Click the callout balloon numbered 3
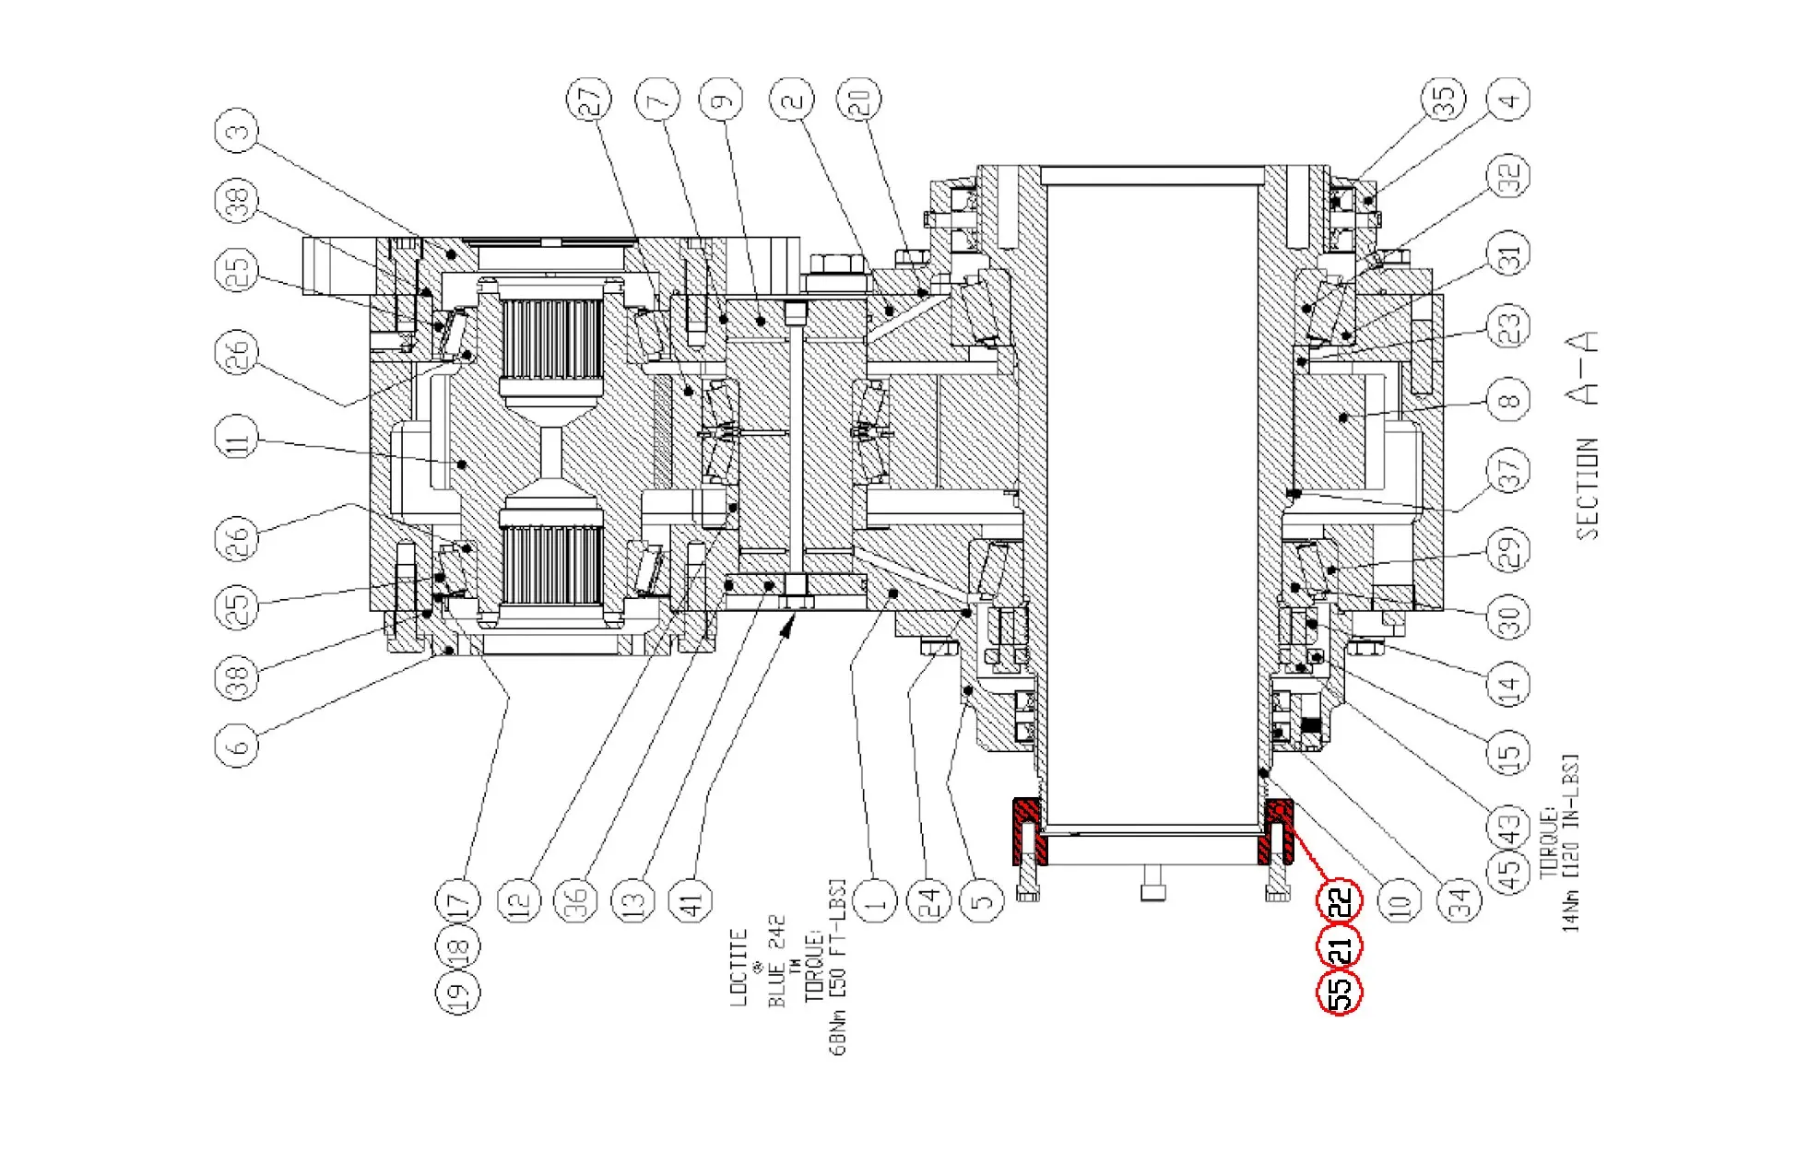click(237, 132)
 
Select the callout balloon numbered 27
click(589, 99)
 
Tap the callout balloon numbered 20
click(858, 99)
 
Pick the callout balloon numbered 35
click(1442, 99)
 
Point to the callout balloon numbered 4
click(1508, 99)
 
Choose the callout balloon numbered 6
click(237, 744)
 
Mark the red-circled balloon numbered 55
click(1340, 992)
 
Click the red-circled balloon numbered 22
click(1340, 899)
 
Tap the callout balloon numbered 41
click(691, 900)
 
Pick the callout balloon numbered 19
click(458, 992)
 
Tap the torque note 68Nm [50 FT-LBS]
click(838, 968)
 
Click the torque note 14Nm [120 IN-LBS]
click(1570, 843)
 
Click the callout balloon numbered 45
click(1508, 871)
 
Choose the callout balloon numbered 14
click(1508, 684)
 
